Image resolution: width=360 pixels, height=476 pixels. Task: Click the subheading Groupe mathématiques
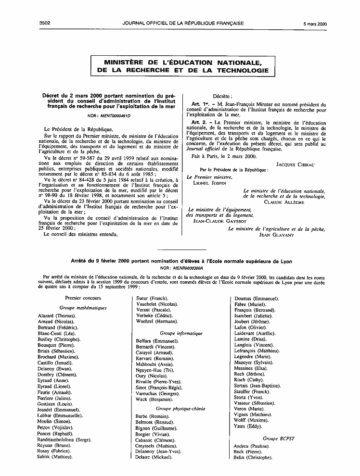[x=83, y=307]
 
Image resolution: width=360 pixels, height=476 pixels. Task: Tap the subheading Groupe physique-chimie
[x=181, y=408]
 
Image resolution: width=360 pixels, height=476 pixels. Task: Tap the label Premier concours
[x=83, y=298]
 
